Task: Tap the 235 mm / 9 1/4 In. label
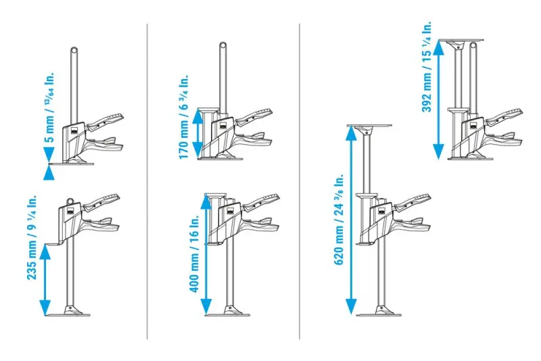pyautogui.click(x=31, y=238)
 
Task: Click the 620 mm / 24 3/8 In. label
pyautogui.click(x=339, y=219)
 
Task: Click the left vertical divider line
pyautogui.click(x=147, y=180)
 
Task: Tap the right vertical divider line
pyautogui.click(x=300, y=180)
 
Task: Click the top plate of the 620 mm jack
pyautogui.click(x=369, y=126)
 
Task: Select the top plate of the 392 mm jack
pyautogui.click(x=461, y=39)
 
